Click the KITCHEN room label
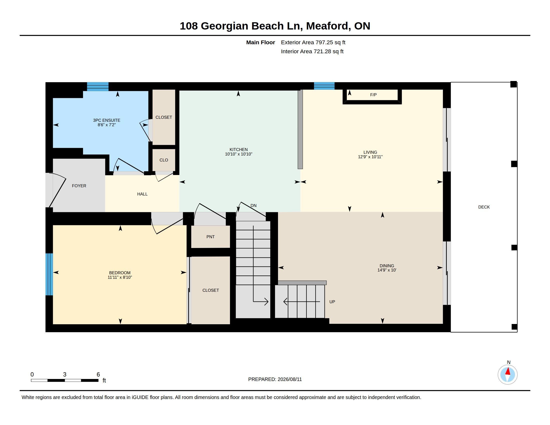click(238, 149)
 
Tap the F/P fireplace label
click(373, 95)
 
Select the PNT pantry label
click(210, 237)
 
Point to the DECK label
click(484, 207)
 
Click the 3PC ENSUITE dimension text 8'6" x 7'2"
click(106, 125)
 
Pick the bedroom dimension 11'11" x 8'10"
click(120, 277)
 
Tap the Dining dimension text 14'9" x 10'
click(387, 270)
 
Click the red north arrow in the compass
click(508, 371)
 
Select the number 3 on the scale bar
click(65, 374)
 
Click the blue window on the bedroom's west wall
click(49, 274)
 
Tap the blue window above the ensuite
click(98, 86)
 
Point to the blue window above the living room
click(324, 86)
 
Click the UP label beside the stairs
click(332, 302)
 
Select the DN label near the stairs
click(253, 206)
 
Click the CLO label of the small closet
click(164, 160)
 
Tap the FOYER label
click(79, 186)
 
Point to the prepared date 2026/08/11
click(289, 379)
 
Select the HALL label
click(142, 194)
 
